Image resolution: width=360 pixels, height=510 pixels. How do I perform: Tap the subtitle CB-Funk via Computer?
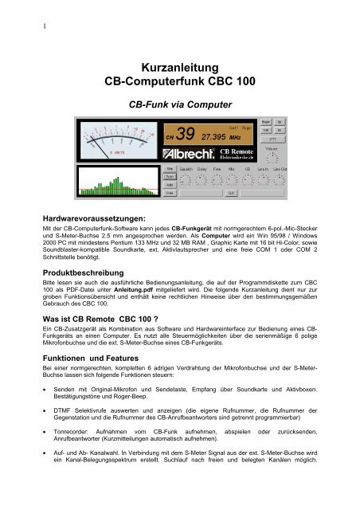click(x=180, y=104)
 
